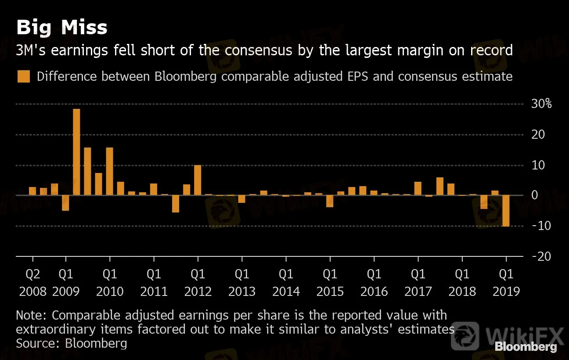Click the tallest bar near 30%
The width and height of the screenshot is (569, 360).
(x=76, y=152)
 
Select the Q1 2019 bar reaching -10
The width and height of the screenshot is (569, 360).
(x=506, y=211)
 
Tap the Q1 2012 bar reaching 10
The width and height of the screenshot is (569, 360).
(x=198, y=180)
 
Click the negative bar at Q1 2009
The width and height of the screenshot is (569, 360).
(x=65, y=203)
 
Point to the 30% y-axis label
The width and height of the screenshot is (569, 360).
(x=541, y=104)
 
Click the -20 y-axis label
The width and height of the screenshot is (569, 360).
(x=541, y=256)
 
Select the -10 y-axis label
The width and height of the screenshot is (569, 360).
(x=541, y=226)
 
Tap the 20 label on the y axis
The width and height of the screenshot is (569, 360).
(x=538, y=134)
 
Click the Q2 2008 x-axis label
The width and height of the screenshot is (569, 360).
(x=33, y=283)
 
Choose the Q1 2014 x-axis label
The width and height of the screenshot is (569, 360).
(x=286, y=283)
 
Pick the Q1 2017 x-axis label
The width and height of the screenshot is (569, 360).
(x=418, y=283)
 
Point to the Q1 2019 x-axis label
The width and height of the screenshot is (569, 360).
(x=506, y=283)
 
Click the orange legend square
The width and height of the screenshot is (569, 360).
(x=24, y=76)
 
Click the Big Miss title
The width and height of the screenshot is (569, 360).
(x=62, y=27)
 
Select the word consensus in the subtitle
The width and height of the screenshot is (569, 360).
(x=258, y=50)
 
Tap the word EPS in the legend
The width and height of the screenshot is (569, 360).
(x=358, y=76)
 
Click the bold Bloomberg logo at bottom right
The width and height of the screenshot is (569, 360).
(x=526, y=346)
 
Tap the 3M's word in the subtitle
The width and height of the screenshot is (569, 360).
(x=31, y=50)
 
